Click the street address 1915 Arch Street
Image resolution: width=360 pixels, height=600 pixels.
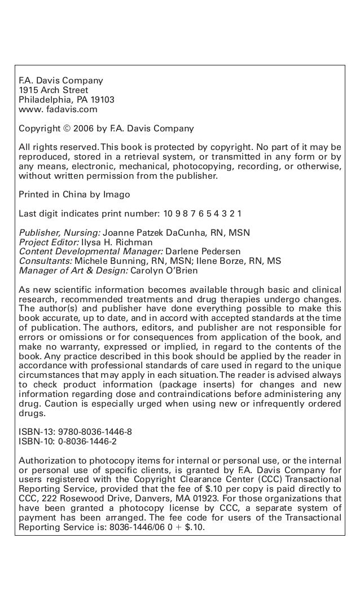[54, 90]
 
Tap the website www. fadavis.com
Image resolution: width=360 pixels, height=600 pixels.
[58, 109]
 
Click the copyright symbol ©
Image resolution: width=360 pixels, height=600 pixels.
[67, 128]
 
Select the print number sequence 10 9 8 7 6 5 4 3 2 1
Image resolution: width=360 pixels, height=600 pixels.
[203, 214]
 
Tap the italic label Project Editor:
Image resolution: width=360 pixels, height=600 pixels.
[49, 242]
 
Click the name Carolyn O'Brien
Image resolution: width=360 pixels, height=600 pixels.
[165, 270]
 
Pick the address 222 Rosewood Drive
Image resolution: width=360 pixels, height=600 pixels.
[86, 498]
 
